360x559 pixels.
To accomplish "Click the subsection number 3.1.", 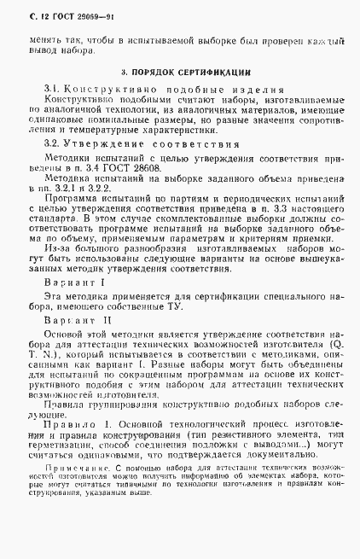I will click(52, 90).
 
